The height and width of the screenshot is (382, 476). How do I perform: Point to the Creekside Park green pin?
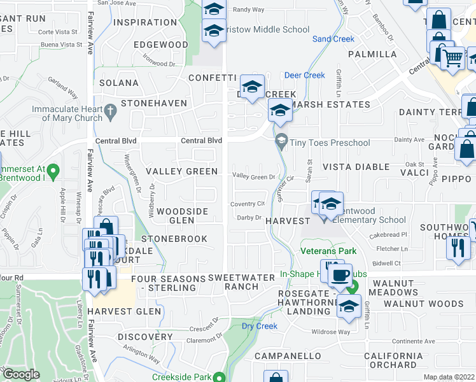click(x=220, y=377)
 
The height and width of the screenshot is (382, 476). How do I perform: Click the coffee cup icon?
click(x=339, y=276)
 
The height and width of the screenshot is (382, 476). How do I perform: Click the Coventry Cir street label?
click(x=248, y=204)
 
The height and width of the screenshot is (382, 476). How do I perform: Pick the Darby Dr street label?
click(x=249, y=218)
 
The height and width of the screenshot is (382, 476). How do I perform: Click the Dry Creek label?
click(x=260, y=326)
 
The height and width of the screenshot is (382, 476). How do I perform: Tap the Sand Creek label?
click(x=333, y=39)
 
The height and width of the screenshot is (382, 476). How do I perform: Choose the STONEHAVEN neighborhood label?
click(x=155, y=103)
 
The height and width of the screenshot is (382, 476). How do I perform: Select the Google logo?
click(x=21, y=374)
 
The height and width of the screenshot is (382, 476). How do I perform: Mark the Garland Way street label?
click(x=64, y=88)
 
